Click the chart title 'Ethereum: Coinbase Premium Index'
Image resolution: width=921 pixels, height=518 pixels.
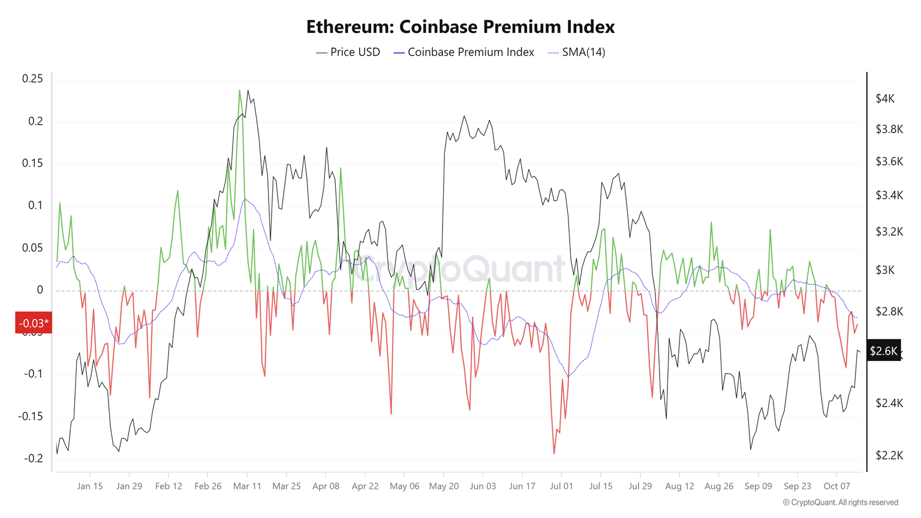point(460,27)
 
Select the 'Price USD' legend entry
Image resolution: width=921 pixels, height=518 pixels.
point(348,52)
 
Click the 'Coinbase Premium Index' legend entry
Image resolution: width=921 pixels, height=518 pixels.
point(463,52)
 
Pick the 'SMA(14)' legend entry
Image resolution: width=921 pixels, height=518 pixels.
point(576,52)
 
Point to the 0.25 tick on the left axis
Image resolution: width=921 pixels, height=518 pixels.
point(32,79)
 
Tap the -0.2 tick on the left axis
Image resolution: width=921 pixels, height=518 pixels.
point(33,459)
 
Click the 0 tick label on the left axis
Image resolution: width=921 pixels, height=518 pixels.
point(40,290)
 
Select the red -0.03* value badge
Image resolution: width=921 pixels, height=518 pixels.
point(34,324)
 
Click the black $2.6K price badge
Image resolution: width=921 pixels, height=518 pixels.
point(884,351)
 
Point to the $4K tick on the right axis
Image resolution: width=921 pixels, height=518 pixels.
point(885,98)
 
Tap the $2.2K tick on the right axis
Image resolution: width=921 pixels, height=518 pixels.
point(889,456)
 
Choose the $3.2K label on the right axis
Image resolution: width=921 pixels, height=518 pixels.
point(889,231)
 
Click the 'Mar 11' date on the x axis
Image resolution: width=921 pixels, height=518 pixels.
point(247,486)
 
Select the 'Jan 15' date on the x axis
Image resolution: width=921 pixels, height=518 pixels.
point(90,486)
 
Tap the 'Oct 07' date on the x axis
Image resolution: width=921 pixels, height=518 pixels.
point(836,486)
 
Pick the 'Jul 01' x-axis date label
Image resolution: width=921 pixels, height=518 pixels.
point(561,486)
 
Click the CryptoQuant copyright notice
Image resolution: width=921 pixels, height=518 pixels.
point(840,502)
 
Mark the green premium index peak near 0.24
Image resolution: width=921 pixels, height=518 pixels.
point(240,91)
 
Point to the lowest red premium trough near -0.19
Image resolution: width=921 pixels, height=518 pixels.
point(553,453)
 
